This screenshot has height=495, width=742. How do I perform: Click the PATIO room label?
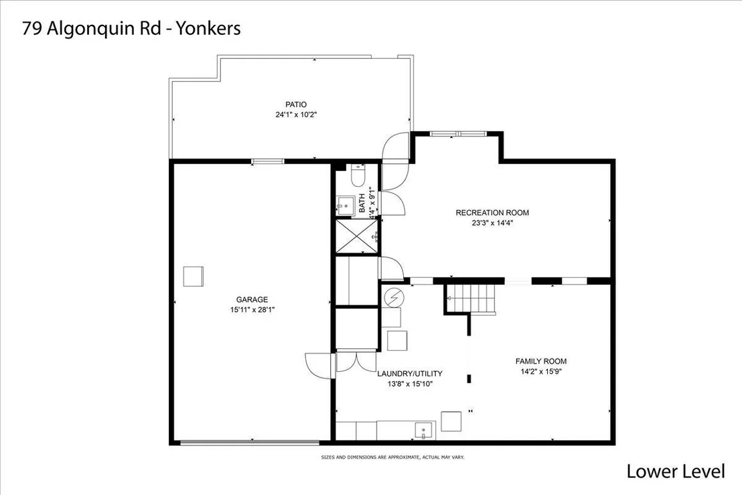(296, 104)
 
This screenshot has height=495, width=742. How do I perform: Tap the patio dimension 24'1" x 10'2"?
(296, 115)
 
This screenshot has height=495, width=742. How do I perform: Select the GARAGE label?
(252, 299)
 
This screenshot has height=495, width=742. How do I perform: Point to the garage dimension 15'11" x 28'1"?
(252, 310)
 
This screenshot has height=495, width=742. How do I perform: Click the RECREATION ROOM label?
(492, 213)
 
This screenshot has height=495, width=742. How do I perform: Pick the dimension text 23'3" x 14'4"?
(492, 223)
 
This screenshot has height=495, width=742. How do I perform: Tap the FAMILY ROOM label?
(541, 362)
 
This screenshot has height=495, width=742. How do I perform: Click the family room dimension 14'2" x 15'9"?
(541, 372)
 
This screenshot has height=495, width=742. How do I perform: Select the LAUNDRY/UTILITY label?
(410, 374)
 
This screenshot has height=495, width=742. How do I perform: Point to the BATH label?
(362, 203)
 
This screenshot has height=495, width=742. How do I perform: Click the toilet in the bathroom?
(358, 175)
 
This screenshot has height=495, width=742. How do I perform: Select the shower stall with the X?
(357, 236)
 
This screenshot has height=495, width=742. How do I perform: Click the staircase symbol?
(471, 299)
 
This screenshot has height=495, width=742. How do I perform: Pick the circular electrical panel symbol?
(393, 297)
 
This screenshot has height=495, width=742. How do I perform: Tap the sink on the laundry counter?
(424, 431)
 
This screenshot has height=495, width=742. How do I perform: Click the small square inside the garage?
(193, 277)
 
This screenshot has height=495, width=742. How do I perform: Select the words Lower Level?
(676, 472)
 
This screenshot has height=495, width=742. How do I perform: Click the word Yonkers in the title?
(208, 28)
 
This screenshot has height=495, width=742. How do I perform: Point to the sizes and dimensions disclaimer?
(393, 457)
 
